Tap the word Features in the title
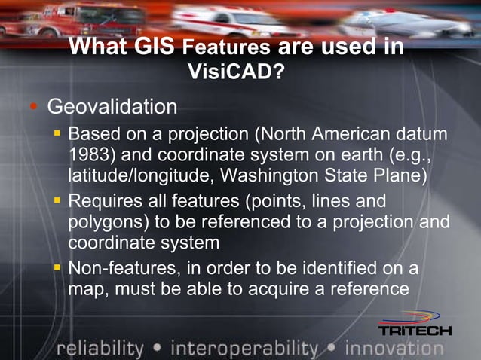tap(226, 48)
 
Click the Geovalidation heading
tap(112, 107)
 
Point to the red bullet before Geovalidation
tap(32, 106)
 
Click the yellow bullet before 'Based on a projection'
tap(57, 134)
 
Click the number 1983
tap(90, 156)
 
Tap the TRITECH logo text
tap(414, 331)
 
